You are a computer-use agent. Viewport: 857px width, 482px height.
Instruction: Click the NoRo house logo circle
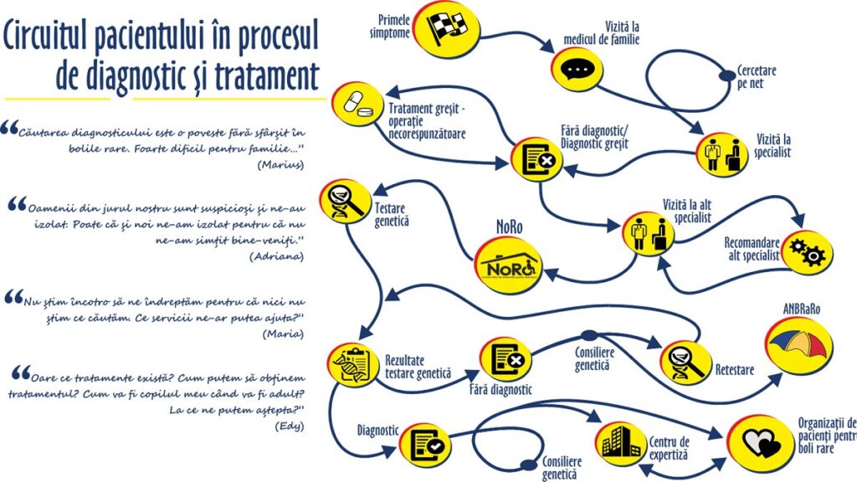(508, 262)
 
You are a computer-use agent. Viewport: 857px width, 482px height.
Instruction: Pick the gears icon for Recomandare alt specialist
(808, 252)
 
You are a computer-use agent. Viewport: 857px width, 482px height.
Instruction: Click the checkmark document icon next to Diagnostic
(424, 444)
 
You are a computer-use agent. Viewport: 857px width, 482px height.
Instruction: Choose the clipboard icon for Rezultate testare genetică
(354, 364)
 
